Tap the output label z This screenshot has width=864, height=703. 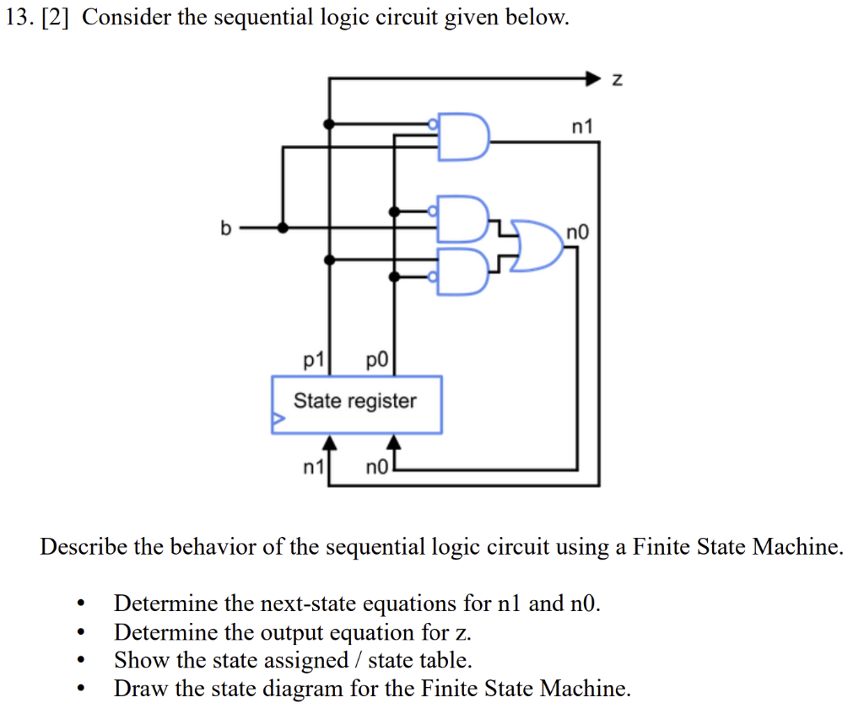coord(617,79)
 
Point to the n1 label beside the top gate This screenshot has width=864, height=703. coord(582,126)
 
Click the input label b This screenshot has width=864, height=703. coord(224,228)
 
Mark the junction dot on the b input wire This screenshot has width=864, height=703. coord(283,228)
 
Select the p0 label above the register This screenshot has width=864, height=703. coord(375,361)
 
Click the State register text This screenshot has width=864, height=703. coord(354,400)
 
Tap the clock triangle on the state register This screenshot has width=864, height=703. coord(276,417)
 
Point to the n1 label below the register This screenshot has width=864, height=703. coord(313,466)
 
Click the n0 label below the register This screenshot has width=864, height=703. coord(375,466)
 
